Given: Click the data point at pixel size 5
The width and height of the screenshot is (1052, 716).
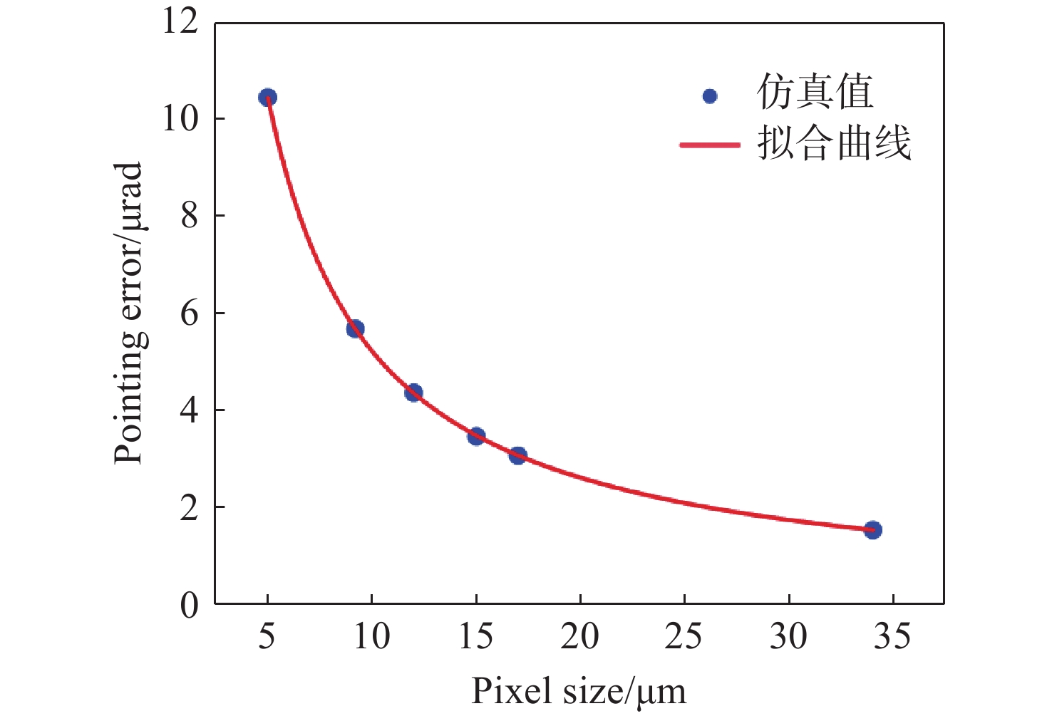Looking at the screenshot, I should click(x=267, y=98).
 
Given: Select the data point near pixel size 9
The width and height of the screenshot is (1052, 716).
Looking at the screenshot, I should click(x=355, y=328).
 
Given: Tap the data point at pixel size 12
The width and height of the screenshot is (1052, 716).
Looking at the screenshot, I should click(x=413, y=393).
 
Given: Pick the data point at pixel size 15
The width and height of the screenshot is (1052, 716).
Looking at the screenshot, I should click(x=476, y=436).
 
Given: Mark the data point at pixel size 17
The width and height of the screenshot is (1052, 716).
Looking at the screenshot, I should click(x=518, y=456).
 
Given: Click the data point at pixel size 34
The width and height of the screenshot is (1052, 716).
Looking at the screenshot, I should click(x=873, y=530).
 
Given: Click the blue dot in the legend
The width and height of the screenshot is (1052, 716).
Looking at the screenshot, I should click(x=709, y=95).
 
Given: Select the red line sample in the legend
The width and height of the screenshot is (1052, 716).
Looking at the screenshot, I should click(x=710, y=145).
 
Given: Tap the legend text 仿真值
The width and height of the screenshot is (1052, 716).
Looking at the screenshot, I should click(x=815, y=93).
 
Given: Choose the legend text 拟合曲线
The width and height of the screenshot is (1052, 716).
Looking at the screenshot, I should click(x=834, y=143).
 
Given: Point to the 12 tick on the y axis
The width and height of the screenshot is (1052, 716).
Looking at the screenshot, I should click(x=180, y=21).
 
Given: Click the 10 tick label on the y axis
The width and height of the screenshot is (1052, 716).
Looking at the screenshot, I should click(x=180, y=118).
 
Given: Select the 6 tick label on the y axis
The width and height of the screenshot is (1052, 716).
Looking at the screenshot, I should click(x=189, y=313).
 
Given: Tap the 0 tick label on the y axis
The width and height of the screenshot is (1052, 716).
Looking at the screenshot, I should click(x=189, y=605).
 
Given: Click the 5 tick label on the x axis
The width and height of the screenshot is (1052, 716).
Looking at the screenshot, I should click(x=267, y=636).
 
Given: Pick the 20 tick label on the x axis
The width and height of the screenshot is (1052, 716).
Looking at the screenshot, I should click(x=579, y=636).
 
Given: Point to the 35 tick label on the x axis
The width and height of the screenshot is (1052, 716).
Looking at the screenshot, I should click(x=892, y=636).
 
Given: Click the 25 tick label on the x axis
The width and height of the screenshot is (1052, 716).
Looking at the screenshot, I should click(x=684, y=636).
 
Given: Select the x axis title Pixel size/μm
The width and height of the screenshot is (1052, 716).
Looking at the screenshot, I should click(x=579, y=690).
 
